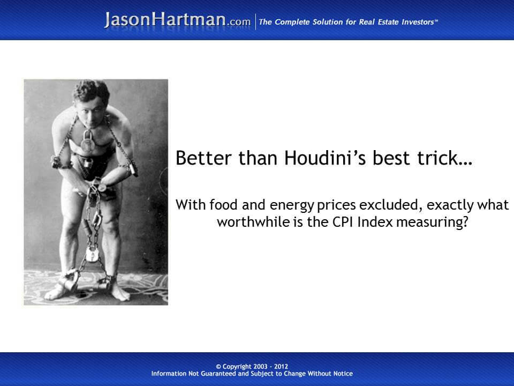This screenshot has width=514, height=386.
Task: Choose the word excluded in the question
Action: click(375, 205)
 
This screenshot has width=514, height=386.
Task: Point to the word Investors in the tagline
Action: click(415, 22)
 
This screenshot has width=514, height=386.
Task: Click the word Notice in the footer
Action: click(341, 374)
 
